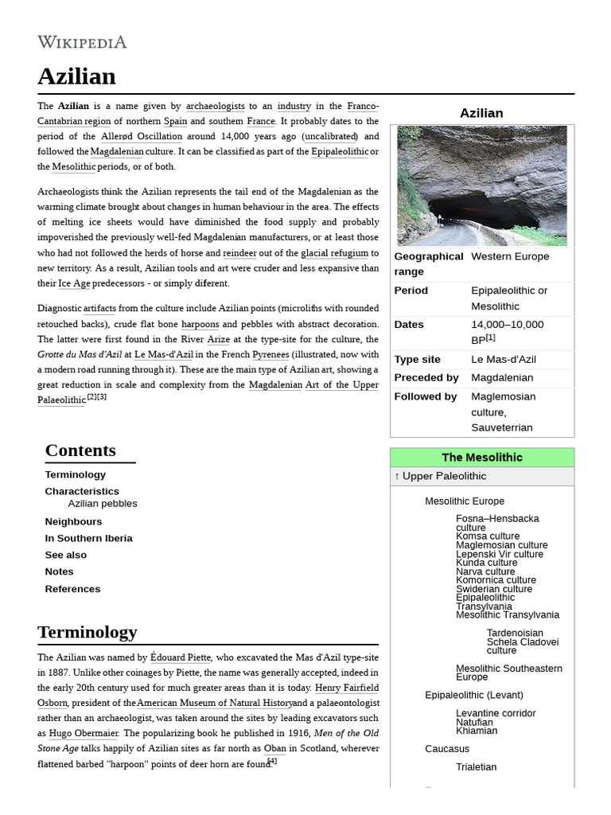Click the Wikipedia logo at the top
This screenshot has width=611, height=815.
pos(82,42)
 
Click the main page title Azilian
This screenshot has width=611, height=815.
pos(76,76)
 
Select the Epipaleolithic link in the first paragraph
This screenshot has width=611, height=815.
pos(339,151)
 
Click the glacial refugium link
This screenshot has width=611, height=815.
pos(334,253)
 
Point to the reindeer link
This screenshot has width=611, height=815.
pos(239,253)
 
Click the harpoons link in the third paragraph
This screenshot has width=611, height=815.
pos(200,324)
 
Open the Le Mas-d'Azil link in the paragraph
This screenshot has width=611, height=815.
pos(163,354)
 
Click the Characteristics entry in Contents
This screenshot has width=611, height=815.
pos(82,491)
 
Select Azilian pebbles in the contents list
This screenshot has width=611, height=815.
pos(103,504)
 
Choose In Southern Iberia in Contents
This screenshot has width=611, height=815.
pos(88,538)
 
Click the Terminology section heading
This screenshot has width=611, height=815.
pos(88,632)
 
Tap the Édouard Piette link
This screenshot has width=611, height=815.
pos(181,657)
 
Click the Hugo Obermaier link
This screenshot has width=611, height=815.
pos(84,733)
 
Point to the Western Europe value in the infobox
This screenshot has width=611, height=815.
pos(510,256)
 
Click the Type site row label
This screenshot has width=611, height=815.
pos(417,359)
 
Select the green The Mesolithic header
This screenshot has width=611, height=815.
pos(481,458)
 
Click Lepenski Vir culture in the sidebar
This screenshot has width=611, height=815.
pos(499,554)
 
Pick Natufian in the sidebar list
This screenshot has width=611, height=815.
pos(474,722)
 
